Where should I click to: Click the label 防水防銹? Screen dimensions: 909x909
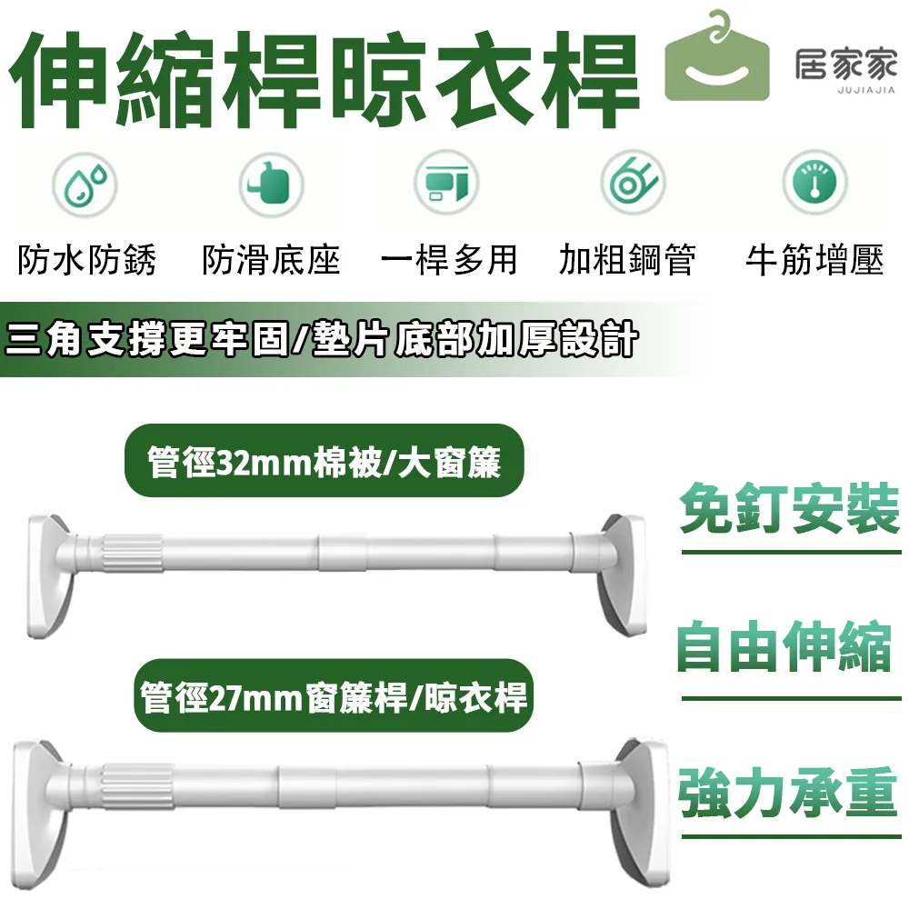click(x=87, y=261)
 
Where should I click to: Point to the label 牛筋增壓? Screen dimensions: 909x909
click(x=814, y=261)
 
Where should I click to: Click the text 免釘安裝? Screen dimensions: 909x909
click(x=789, y=512)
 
